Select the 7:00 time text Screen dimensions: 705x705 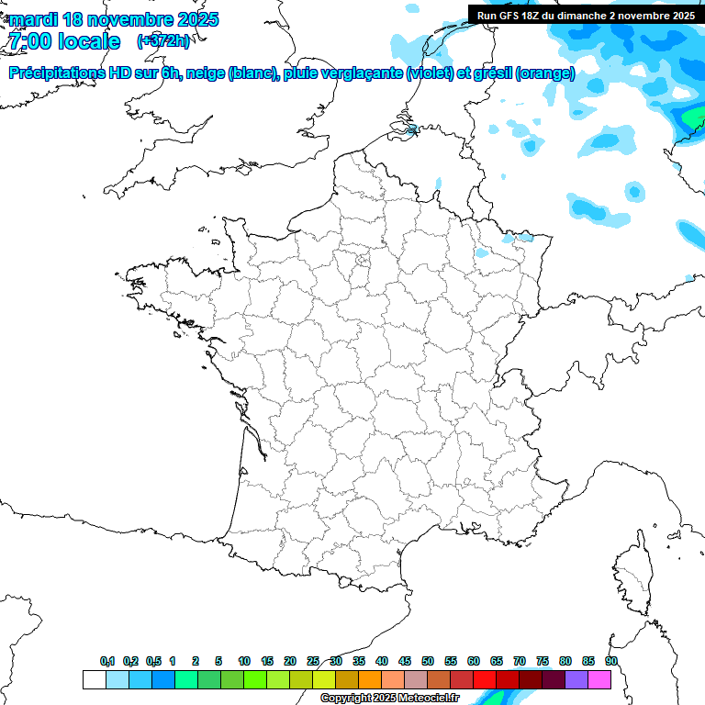(28, 41)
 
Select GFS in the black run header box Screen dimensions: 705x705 (512, 16)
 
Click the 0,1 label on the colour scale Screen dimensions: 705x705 (107, 661)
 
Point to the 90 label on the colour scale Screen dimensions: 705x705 (610, 661)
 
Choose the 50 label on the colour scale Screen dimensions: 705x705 (428, 661)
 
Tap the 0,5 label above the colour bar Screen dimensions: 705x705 (153, 661)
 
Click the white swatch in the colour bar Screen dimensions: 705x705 (94, 679)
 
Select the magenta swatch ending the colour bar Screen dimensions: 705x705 (599, 679)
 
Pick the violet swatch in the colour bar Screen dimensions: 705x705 (576, 679)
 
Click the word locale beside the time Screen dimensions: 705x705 (89, 41)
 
